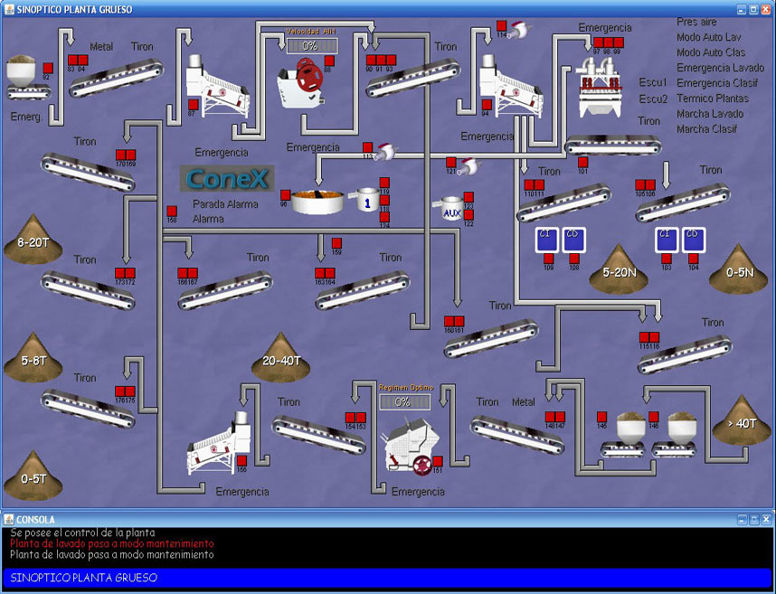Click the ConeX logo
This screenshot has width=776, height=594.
pos(227,178)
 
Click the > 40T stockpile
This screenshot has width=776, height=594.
pos(741,418)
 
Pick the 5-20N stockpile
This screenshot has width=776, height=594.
pos(620,268)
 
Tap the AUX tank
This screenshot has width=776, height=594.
pos(451,210)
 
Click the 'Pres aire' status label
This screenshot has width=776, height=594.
pos(696,21)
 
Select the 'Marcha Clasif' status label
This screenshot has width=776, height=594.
pos(706,129)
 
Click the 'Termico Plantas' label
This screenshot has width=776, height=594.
pos(713,99)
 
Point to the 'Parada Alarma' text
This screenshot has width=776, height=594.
pos(225,204)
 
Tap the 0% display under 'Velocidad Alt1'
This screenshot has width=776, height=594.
pos(310,45)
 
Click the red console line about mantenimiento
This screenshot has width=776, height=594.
pos(112,544)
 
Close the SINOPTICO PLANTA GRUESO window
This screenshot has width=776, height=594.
pos(766,8)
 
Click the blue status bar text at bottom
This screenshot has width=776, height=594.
pos(84,578)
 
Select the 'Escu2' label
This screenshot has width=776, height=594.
pos(653,99)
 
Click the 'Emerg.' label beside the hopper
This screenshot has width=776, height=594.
pos(26,117)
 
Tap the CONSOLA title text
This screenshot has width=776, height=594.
pos(36,520)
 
